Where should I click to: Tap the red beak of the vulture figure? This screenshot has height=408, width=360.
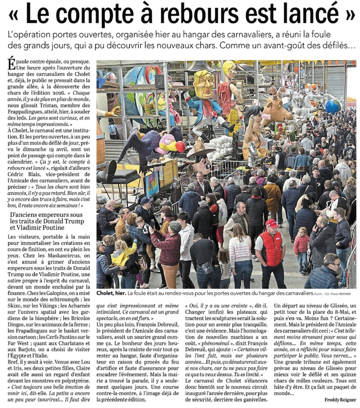point(180,146)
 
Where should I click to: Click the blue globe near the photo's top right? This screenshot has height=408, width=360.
point(333,107)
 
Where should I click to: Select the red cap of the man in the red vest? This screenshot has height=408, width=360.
point(271,223)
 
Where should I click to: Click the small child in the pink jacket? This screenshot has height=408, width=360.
point(301,244)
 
